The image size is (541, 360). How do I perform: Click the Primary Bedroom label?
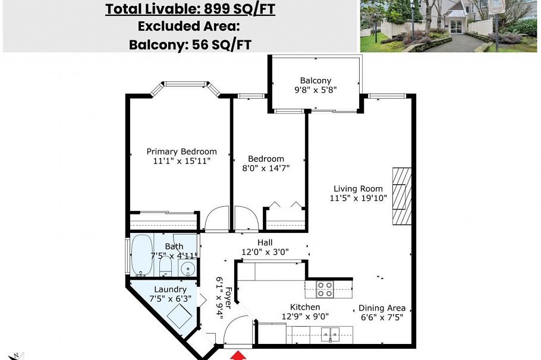tap(181, 151)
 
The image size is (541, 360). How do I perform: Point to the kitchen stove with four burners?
tap(324, 289)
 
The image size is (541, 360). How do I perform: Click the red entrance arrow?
tap(238, 355)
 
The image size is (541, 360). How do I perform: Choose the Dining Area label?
tap(382, 308)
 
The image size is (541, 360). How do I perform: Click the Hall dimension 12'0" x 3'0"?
tap(265, 252)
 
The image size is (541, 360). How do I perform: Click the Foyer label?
tap(228, 295)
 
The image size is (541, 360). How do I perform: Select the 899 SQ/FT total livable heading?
tap(190, 10)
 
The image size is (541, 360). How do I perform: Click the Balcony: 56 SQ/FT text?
tap(190, 45)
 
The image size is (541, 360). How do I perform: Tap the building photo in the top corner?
tap(448, 26)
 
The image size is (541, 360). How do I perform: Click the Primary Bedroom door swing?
tap(216, 220)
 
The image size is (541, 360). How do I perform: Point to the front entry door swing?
tap(241, 330)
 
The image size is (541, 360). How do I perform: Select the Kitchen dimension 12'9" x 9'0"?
tap(305, 317)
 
